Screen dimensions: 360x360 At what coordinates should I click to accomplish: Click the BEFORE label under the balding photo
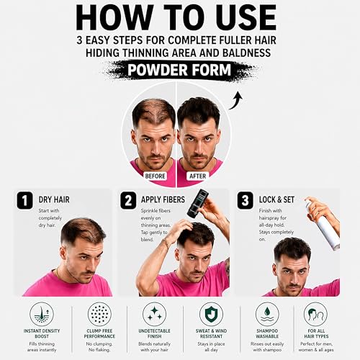tap(155, 176)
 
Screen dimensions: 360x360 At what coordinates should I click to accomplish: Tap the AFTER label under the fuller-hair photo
tap(197, 176)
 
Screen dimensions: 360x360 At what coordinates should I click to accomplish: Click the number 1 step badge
tap(24, 200)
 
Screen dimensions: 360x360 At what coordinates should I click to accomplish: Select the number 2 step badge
tap(128, 200)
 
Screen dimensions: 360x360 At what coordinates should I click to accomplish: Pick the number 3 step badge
tap(245, 200)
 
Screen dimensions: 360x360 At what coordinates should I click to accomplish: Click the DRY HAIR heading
tap(54, 199)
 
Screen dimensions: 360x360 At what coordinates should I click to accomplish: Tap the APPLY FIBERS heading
tap(163, 199)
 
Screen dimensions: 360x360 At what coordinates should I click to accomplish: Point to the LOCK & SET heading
tap(276, 199)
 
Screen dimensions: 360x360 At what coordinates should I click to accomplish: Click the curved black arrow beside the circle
tap(236, 100)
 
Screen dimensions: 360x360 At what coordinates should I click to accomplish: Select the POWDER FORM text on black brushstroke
tap(179, 70)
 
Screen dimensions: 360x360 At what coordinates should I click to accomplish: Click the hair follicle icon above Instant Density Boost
tap(42, 314)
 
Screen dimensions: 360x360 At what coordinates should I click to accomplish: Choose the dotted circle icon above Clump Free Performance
tap(99, 314)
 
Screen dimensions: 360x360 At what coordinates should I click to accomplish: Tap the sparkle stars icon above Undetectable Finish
tap(155, 314)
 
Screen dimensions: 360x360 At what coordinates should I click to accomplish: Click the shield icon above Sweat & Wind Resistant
tap(211, 314)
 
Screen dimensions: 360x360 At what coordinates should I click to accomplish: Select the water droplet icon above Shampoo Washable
tap(267, 314)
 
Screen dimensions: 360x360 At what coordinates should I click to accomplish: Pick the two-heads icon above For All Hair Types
tap(316, 314)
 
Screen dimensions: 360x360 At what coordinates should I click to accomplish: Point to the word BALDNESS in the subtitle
tap(246, 53)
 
